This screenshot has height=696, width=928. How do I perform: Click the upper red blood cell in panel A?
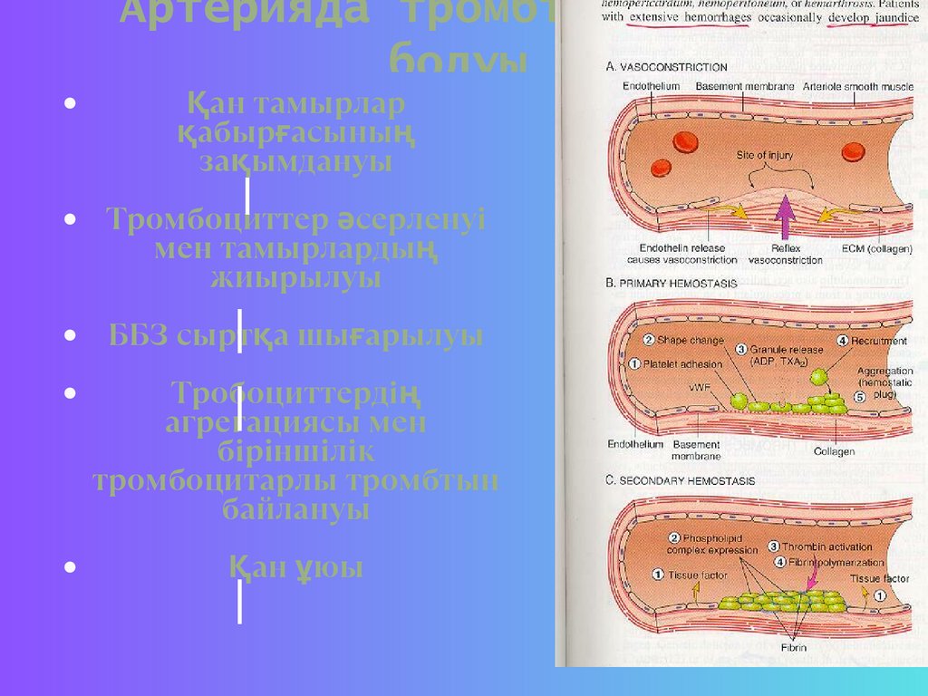tap(685, 141)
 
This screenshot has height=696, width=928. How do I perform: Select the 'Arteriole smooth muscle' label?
tap(855, 87)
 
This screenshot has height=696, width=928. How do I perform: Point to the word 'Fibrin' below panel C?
tap(793, 648)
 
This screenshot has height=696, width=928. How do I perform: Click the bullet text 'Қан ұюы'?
tap(295, 568)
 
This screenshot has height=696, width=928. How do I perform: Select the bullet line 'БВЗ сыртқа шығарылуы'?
tap(295, 336)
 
